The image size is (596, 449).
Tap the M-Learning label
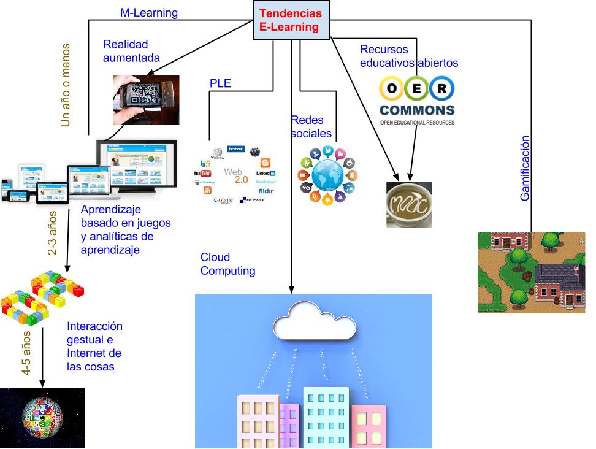(x=148, y=12)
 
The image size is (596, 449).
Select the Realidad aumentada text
(x=131, y=52)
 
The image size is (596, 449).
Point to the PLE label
(x=220, y=83)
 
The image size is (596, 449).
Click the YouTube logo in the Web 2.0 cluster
(x=202, y=174)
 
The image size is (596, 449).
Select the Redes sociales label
(x=311, y=126)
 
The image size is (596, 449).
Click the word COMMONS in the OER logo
(x=417, y=110)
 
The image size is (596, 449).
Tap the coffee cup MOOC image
(x=409, y=204)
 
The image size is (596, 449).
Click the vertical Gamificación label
(x=525, y=168)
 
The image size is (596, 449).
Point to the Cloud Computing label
(x=227, y=264)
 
